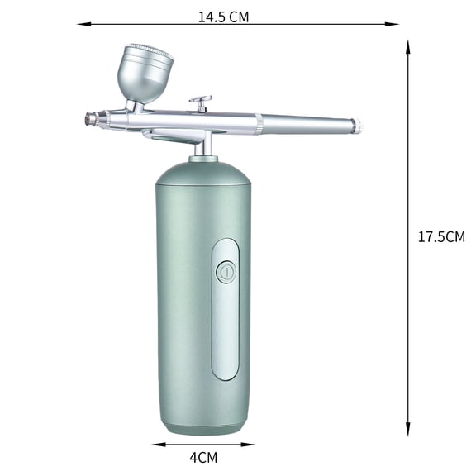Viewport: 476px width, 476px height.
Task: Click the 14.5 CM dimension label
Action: (x=223, y=17)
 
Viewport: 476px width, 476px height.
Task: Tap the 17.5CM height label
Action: (x=441, y=237)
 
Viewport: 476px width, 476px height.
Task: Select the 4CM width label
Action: (x=203, y=458)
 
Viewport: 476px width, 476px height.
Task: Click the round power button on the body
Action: (x=226, y=272)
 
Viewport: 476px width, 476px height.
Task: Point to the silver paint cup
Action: (x=145, y=74)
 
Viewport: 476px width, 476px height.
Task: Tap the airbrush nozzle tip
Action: (x=89, y=118)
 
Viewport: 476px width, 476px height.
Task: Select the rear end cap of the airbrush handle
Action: (x=359, y=126)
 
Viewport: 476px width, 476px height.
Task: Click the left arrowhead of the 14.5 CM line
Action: (x=83, y=24)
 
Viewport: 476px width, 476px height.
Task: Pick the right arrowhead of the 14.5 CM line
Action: (x=392, y=24)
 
